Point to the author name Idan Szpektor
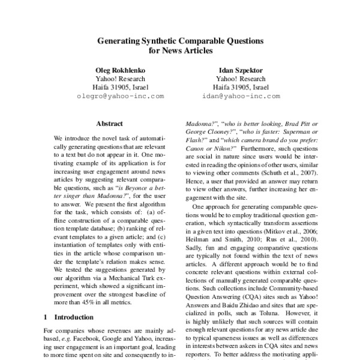[240, 70]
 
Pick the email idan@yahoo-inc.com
[241, 95]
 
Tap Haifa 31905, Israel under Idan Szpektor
[240, 87]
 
